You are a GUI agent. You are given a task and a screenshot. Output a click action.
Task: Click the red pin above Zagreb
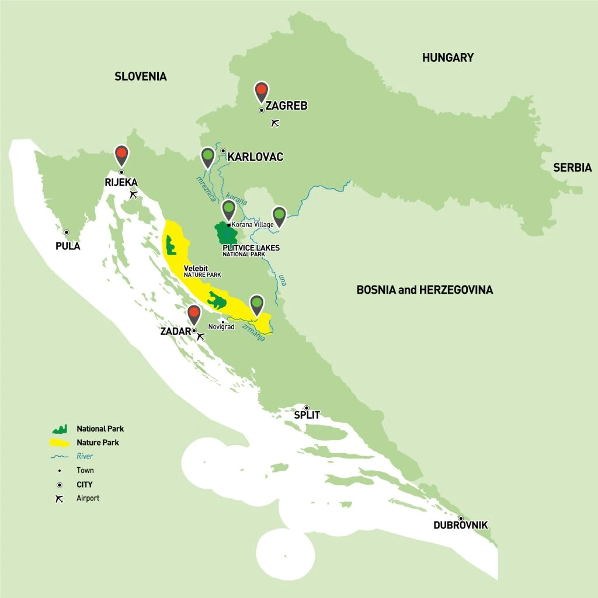coord(262,91)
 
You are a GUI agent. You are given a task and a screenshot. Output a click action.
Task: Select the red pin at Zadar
coord(194,314)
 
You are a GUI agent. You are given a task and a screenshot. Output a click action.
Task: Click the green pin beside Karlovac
coord(207,156)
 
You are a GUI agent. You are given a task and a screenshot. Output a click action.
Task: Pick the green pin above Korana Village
coord(229,208)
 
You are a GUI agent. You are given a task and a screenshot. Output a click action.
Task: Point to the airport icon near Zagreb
coord(276,123)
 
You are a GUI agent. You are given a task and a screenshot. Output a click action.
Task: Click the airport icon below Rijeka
coord(134,194)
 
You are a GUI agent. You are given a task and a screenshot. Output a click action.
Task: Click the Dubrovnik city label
coord(460,525)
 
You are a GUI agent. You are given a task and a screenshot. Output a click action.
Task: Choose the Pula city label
coord(68,246)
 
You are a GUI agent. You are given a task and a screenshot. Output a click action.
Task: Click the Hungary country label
coord(447,58)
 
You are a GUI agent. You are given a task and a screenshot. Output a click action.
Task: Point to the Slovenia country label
coord(141,77)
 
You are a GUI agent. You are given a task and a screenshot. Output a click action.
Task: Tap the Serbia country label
coord(572,168)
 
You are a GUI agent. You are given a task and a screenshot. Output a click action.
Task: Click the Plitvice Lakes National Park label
coord(251,250)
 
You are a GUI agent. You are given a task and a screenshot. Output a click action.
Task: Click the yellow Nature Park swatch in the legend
coord(60,442)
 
